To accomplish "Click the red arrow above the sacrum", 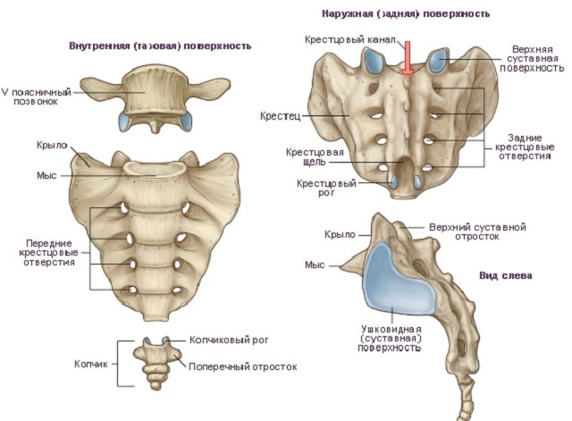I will pyautogui.click(x=408, y=59).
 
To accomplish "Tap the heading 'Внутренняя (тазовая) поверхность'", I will pyautogui.click(x=159, y=45).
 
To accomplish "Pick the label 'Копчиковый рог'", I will pyautogui.click(x=229, y=341).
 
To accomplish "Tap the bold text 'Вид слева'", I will pyautogui.click(x=506, y=276).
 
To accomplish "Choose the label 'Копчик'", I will pyautogui.click(x=90, y=365).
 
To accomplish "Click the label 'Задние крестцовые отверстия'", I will pyautogui.click(x=524, y=145).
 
